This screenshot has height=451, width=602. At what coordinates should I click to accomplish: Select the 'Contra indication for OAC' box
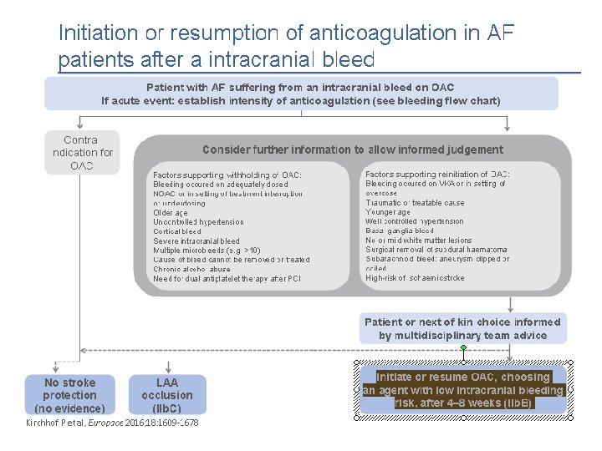(82, 152)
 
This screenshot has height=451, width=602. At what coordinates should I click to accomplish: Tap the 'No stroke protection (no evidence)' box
(69, 395)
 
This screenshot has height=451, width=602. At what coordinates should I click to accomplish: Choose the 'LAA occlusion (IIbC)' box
(167, 395)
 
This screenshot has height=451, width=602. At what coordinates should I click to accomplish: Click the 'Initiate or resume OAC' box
(463, 390)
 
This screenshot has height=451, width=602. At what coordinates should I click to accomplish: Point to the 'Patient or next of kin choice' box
(462, 328)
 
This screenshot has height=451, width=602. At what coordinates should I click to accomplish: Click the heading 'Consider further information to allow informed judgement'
(353, 150)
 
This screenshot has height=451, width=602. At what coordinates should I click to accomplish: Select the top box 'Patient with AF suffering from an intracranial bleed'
(301, 94)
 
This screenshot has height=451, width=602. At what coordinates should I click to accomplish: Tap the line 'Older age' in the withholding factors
(171, 212)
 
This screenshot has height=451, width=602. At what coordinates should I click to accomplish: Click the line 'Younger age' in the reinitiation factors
(388, 212)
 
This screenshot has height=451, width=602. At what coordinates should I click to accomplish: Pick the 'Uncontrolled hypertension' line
(199, 222)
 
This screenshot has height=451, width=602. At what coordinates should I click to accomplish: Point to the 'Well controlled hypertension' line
(415, 221)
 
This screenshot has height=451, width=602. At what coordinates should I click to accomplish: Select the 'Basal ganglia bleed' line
(400, 231)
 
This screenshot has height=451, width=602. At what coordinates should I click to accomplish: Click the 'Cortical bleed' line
(177, 231)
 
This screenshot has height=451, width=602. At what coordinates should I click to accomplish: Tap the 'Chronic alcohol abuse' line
(192, 270)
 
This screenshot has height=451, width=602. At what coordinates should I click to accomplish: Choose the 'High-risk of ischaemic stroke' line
(415, 278)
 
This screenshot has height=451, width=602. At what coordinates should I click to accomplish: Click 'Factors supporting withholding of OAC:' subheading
(227, 175)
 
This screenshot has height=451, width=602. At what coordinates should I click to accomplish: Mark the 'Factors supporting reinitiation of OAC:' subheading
(437, 174)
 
